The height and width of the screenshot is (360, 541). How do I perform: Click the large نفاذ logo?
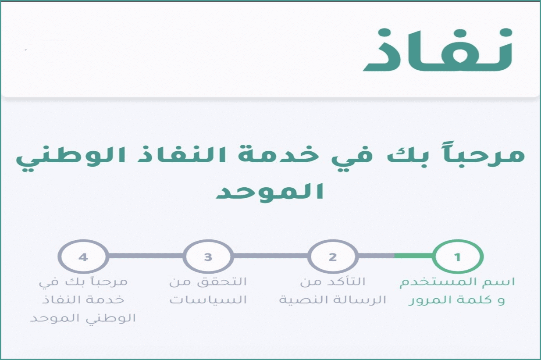click(437, 50)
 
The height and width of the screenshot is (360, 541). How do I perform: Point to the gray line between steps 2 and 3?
click(271, 256)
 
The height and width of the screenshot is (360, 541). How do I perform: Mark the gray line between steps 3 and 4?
click(146, 256)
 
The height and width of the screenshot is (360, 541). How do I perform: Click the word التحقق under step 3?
click(222, 282)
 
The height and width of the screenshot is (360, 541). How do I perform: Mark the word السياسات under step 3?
click(208, 300)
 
